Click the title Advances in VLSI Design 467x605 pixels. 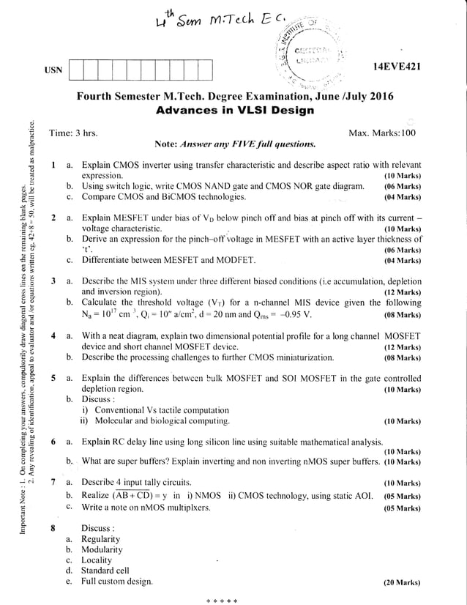(x=235, y=111)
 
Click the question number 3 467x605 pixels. (x=53, y=281)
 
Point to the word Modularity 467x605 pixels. (x=102, y=549)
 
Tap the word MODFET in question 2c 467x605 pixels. (x=233, y=260)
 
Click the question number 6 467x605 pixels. (x=53, y=442)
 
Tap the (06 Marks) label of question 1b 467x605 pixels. (x=402, y=187)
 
